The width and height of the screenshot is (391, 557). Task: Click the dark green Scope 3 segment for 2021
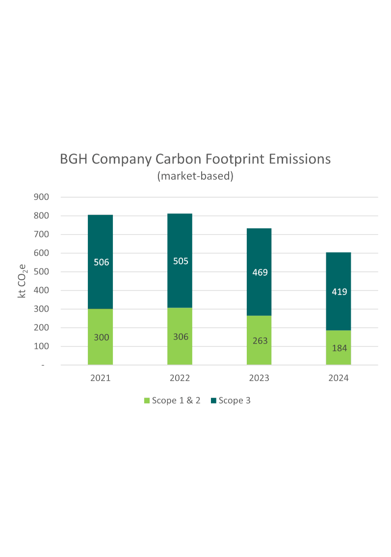pos(100,285)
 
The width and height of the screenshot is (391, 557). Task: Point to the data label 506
pos(101,262)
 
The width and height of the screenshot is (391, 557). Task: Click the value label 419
pos(339,292)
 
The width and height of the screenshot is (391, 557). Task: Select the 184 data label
pos(339,348)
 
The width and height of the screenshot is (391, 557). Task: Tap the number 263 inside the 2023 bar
pos(260,341)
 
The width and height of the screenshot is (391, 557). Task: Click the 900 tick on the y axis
pos(42,197)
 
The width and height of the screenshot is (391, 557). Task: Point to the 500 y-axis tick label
pos(42,272)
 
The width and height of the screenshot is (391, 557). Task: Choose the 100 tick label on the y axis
pos(42,346)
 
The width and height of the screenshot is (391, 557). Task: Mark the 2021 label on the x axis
pos(101,378)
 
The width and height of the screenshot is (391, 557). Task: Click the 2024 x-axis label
pos(339,378)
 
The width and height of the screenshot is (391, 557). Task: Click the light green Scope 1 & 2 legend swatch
pos(146,401)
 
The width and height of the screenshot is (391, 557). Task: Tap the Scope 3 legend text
pos(235,400)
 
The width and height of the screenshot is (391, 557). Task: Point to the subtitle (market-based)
pos(195,176)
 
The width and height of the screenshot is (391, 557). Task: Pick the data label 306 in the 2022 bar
pos(181,337)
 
